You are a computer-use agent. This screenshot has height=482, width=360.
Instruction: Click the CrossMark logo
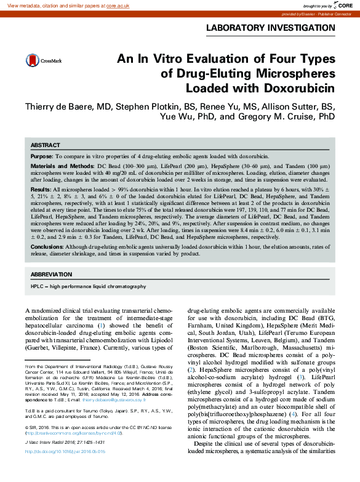pos(39,60)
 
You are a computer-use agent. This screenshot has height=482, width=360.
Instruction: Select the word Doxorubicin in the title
pos(300,87)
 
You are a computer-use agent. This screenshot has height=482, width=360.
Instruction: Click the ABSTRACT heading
pos(46,145)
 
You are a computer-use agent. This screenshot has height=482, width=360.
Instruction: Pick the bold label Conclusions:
pos(47,246)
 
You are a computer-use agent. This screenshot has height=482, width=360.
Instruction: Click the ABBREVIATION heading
pos(51,274)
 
